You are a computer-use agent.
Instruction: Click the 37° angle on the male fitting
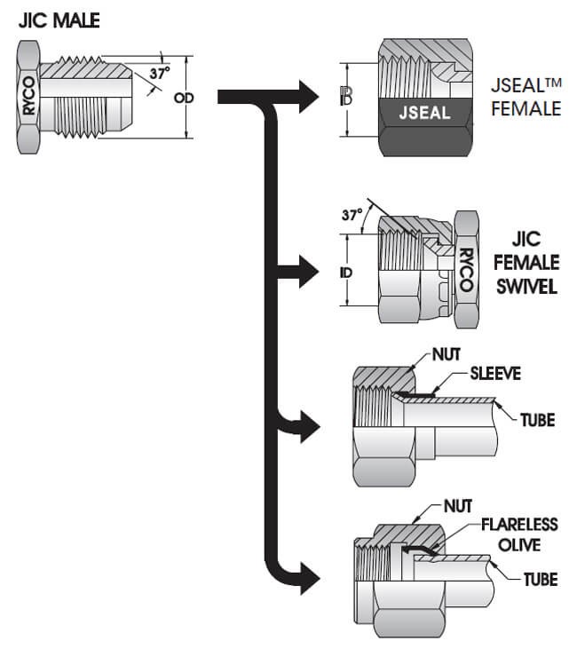(x=159, y=75)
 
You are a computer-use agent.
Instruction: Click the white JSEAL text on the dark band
(x=423, y=113)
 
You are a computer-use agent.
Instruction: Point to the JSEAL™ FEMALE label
(x=526, y=98)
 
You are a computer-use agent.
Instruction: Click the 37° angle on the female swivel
(x=352, y=215)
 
